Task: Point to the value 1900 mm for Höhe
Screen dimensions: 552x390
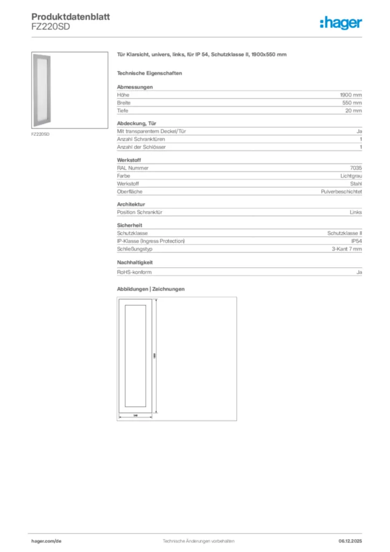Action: pos(351,95)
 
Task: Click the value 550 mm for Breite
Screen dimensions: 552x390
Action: pos(352,102)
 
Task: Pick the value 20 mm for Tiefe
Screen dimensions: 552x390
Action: pos(353,111)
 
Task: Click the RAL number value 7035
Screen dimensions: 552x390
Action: pos(356,168)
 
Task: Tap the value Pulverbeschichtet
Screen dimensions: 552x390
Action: pos(341,192)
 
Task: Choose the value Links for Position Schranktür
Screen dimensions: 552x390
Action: pos(356,212)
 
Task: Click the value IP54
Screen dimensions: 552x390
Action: pos(356,241)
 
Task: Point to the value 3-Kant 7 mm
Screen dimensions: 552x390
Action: pos(346,249)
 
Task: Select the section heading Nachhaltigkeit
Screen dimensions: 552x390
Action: pos(135,262)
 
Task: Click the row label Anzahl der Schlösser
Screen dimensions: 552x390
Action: pos(141,147)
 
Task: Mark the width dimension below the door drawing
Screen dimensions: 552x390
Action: pos(135,415)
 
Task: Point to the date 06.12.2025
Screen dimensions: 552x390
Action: pos(350,541)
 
